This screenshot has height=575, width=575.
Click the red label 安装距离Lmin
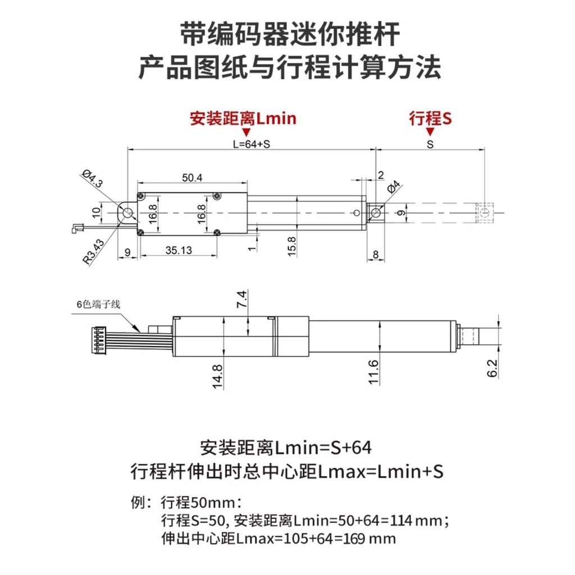click(243, 118)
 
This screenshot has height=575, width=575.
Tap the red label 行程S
click(430, 118)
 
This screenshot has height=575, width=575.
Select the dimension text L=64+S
click(252, 144)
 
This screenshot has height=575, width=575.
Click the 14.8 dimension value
click(218, 376)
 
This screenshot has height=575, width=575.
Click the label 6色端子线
click(98, 304)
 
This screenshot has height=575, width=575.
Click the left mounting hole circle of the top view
click(127, 213)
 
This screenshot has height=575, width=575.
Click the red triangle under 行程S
click(430, 132)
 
